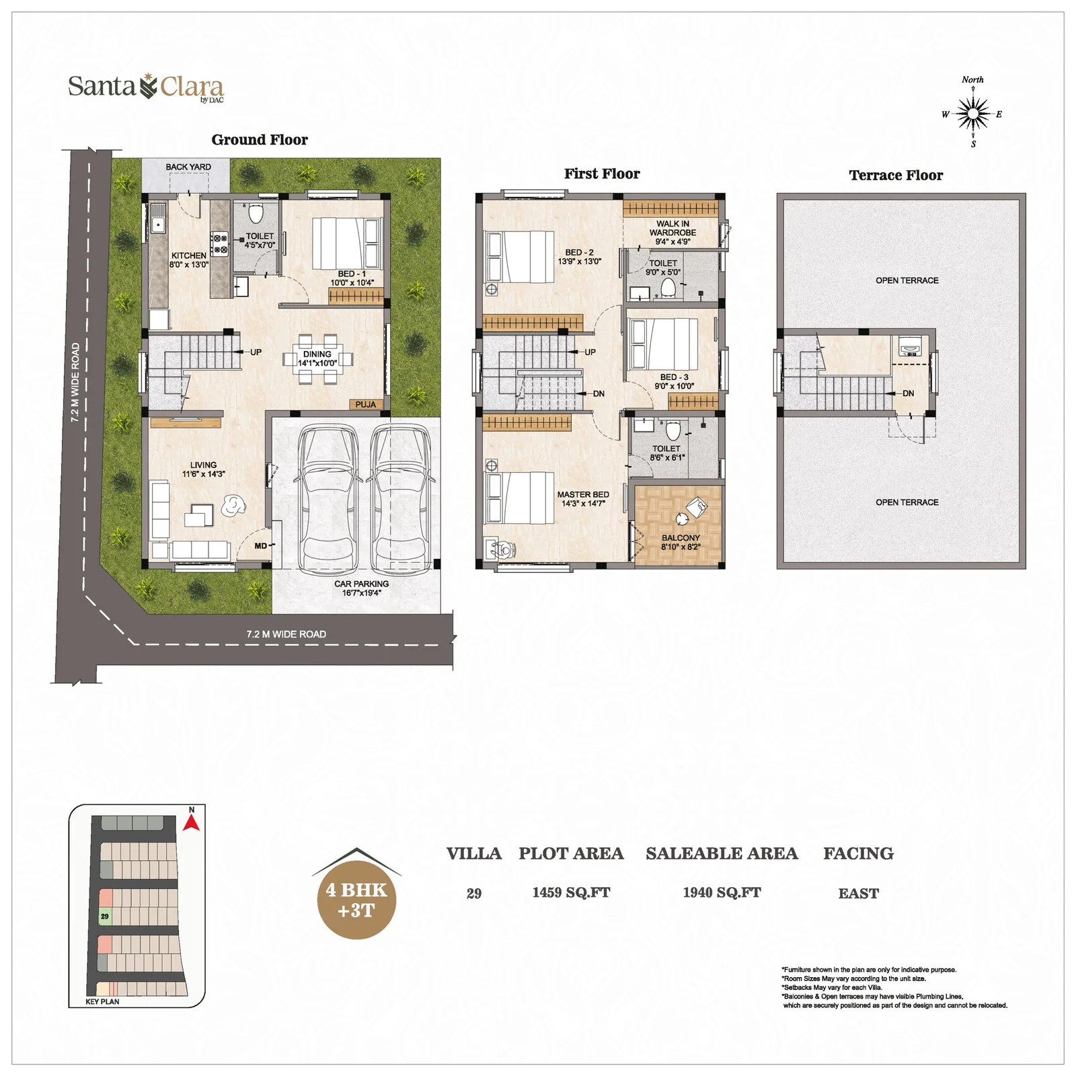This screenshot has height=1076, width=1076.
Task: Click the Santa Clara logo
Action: click(x=146, y=87)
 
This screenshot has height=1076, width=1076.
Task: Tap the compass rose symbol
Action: click(x=972, y=113)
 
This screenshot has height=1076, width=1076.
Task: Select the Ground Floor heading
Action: click(x=260, y=140)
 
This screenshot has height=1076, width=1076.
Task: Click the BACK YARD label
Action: click(x=188, y=167)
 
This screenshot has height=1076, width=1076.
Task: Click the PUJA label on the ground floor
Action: click(x=366, y=404)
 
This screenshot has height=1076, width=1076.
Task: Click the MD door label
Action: click(x=261, y=546)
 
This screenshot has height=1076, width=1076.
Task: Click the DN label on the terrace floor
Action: click(x=909, y=393)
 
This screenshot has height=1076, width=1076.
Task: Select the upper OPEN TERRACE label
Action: click(x=907, y=280)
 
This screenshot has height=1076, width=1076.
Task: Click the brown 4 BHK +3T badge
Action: click(x=356, y=900)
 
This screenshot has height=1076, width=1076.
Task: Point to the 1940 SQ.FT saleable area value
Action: click(x=722, y=892)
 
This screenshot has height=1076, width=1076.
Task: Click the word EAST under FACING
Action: click(x=858, y=893)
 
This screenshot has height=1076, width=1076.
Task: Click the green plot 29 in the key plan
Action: click(x=105, y=916)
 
